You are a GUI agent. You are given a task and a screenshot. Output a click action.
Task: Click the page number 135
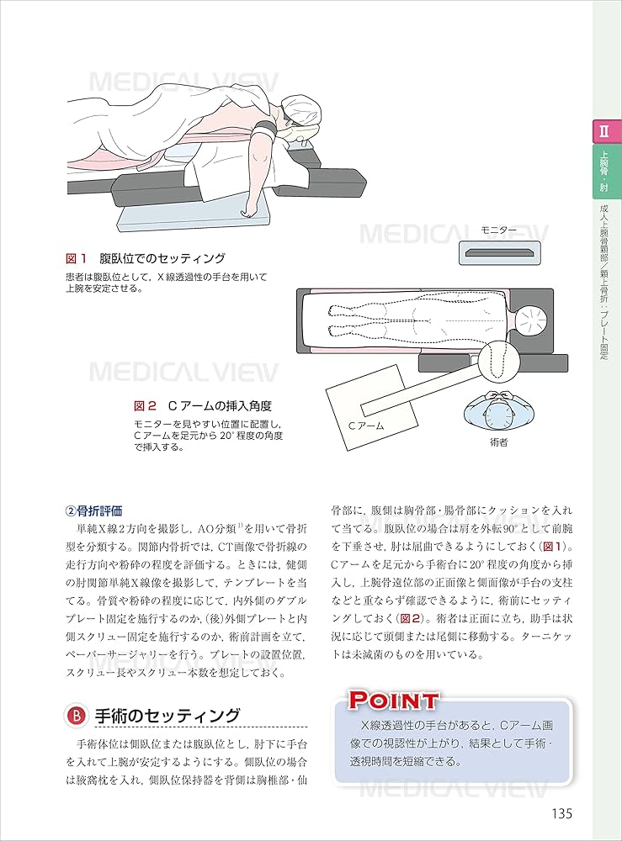click(557, 813)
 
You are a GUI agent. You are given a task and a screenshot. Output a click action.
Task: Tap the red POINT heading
click(394, 700)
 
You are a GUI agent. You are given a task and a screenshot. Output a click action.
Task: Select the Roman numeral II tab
click(603, 132)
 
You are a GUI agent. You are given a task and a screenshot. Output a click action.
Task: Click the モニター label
click(498, 230)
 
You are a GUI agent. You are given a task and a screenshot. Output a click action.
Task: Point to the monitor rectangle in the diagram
click(498, 251)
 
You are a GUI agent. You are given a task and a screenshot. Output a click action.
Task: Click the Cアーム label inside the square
click(366, 426)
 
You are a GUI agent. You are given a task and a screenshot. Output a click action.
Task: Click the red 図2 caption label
click(145, 405)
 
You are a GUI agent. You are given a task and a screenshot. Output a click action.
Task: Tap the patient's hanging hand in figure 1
click(252, 207)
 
